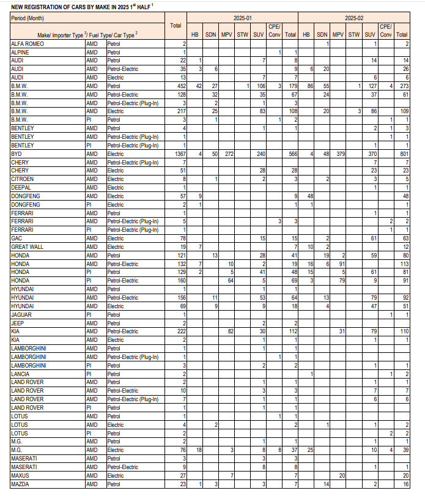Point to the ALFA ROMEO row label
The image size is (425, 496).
pyautogui.click(x=27, y=45)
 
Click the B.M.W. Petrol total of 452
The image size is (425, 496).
pyautogui.click(x=180, y=87)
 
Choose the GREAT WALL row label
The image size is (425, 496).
pyautogui.click(x=29, y=246)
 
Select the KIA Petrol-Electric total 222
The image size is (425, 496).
pyautogui.click(x=180, y=330)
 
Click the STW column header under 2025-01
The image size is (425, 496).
pyautogui.click(x=242, y=35)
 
